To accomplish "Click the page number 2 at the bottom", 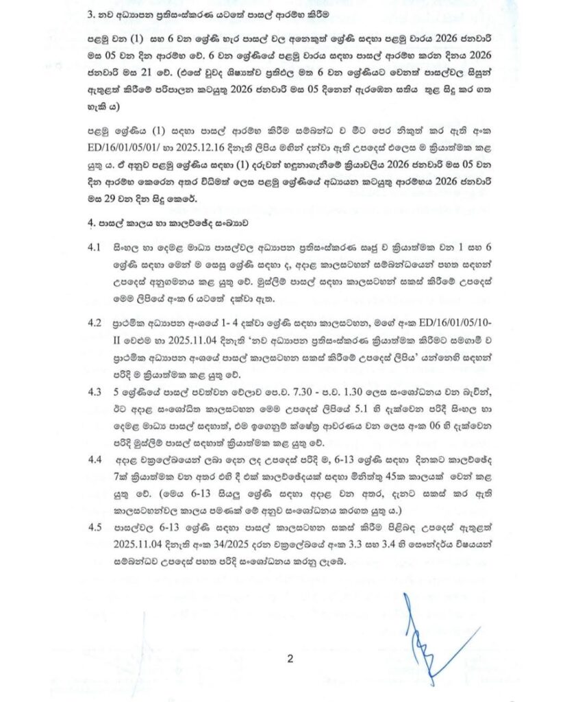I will point(290,659).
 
